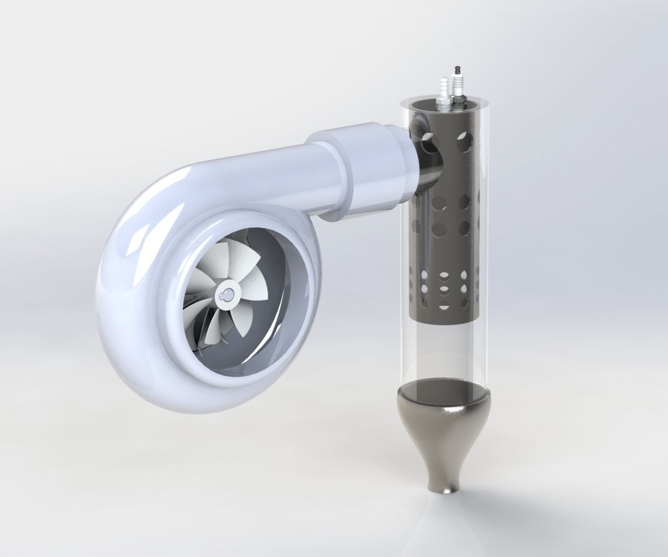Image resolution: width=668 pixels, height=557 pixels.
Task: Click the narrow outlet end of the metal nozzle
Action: [446, 486]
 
